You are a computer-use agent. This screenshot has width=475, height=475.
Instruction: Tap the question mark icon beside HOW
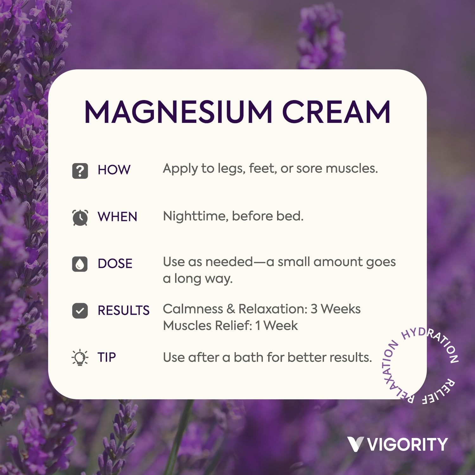coord(80,171)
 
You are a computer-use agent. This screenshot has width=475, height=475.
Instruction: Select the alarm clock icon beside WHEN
coord(80,218)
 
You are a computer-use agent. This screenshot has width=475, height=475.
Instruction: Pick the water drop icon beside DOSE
coord(80,264)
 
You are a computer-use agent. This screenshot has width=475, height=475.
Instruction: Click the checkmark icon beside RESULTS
coord(80,311)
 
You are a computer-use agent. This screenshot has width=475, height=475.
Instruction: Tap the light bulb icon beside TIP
coord(80,358)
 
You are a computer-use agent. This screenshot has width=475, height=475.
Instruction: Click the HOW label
coord(114,170)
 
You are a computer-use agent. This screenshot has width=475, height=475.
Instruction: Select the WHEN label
coord(117,217)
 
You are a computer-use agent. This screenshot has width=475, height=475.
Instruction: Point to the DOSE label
coord(115,264)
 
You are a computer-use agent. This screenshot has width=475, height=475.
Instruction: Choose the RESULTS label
coord(123,311)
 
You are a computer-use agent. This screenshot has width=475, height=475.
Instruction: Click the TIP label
coord(107,358)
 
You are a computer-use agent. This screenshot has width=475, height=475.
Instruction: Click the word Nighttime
coord(195,216)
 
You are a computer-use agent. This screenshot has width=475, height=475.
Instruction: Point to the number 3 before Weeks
coord(314,309)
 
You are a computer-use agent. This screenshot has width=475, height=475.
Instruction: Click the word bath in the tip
coord(249,358)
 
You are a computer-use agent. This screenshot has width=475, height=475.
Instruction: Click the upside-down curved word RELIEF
coord(440,393)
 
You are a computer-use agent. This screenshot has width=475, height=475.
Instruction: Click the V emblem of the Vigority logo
coord(355,444)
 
